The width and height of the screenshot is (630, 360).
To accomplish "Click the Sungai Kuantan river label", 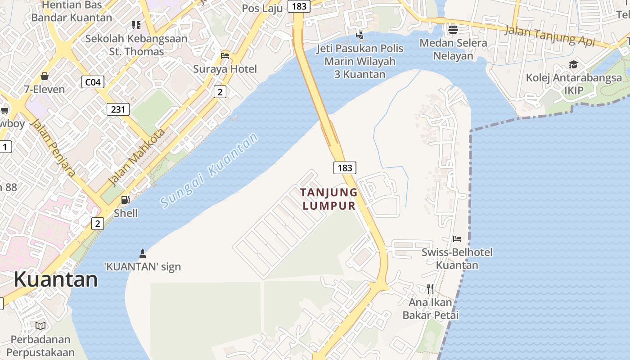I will click(x=210, y=171).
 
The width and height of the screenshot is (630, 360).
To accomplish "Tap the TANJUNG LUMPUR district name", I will click(x=329, y=199).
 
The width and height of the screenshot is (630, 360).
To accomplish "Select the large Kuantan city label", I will click(x=55, y=279).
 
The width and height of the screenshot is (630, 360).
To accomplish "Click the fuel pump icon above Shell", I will click(x=126, y=199).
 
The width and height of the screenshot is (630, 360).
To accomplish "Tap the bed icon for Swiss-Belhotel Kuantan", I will click(x=457, y=238).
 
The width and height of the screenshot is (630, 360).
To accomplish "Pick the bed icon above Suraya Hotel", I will click(x=225, y=55).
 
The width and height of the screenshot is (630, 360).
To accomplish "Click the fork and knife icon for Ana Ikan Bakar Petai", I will click(x=431, y=288).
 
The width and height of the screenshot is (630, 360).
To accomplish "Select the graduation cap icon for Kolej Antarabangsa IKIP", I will click(x=573, y=64).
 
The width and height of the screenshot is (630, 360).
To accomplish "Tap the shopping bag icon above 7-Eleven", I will click(x=45, y=76).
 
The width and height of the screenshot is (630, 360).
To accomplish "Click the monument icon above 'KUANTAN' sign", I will click(x=143, y=253).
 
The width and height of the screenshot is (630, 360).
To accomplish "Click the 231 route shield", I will click(x=118, y=109).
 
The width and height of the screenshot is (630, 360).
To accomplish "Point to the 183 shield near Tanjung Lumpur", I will click(x=345, y=168).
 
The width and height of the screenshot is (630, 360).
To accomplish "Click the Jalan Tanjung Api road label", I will click(x=549, y=36).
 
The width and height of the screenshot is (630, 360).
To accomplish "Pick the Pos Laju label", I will click(x=262, y=8).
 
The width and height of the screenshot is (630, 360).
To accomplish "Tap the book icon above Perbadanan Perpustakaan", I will click(x=40, y=326).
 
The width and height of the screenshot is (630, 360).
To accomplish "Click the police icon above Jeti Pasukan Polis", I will click(x=360, y=34).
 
